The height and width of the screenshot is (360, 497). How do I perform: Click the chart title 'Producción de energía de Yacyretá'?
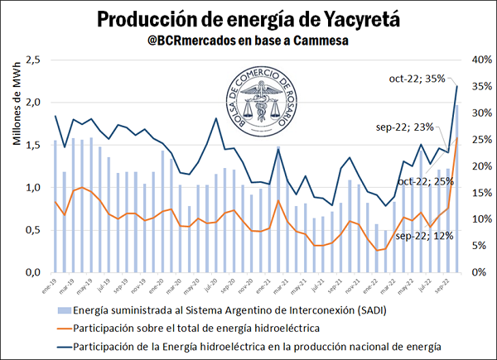click(248, 18)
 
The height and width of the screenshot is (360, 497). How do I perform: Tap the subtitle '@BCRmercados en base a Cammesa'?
click(248, 40)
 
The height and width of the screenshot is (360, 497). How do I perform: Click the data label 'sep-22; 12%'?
click(423, 236)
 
